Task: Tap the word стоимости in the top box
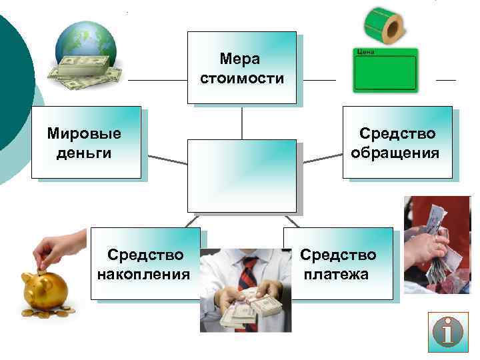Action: pos(241,79)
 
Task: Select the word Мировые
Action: pos(84,133)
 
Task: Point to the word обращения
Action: pos(395,153)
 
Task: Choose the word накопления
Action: pos(143,274)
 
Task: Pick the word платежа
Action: pos(336,274)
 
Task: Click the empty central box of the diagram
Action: pos(241,175)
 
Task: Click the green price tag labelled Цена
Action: pos(383,70)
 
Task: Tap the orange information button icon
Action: pos(448,331)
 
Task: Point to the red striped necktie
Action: pos(248,275)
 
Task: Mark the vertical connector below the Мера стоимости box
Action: pos(241,122)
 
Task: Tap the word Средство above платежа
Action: pos(338,255)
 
